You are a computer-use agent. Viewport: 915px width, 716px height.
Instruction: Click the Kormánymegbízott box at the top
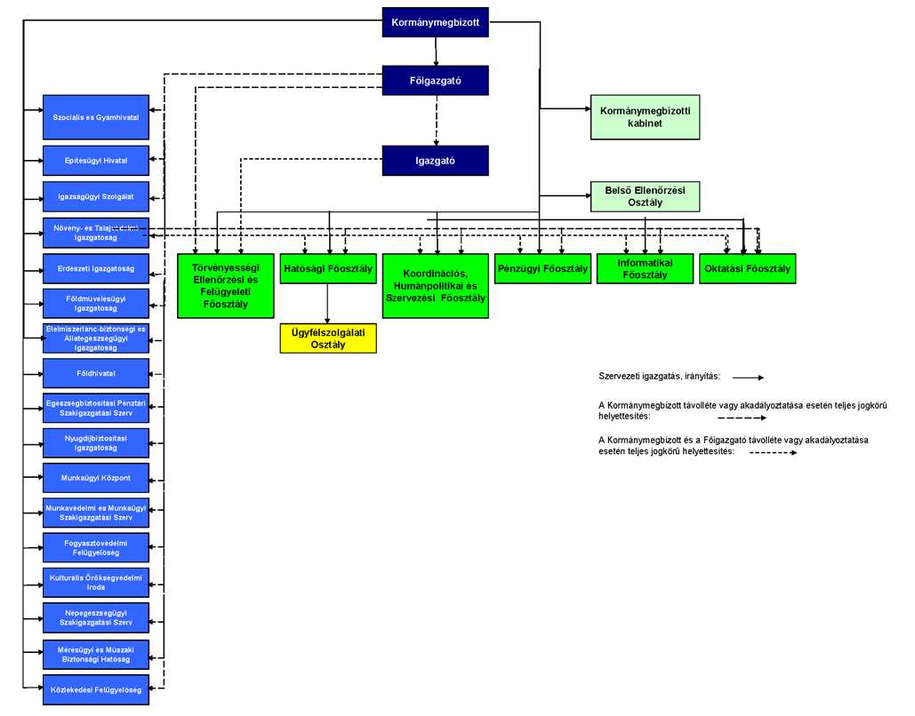pos(436,22)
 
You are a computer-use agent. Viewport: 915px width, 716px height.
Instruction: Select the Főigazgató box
pos(436,80)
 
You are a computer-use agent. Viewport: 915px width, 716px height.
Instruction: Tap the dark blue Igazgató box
pos(436,160)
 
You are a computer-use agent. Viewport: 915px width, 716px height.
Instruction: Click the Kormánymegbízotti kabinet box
pos(645,117)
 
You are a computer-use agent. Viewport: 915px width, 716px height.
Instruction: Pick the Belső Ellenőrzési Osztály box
pos(645,196)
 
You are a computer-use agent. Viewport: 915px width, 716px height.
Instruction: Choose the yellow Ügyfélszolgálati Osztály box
pos(328,338)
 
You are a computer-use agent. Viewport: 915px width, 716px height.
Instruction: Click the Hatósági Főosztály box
pos(328,269)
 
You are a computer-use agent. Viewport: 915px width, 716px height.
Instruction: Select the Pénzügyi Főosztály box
pos(542,269)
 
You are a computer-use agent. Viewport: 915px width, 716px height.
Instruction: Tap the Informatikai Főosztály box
pos(645,269)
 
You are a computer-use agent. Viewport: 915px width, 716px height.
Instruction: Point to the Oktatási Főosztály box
pos(748,269)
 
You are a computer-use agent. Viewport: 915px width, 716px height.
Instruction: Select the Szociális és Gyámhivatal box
pos(96,117)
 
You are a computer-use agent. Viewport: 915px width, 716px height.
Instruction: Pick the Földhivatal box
pos(96,374)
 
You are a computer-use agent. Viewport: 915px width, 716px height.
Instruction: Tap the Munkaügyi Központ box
pos(96,478)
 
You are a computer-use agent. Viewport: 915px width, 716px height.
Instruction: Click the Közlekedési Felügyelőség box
pos(96,689)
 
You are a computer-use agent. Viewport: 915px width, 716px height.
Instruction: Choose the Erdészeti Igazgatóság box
pos(96,269)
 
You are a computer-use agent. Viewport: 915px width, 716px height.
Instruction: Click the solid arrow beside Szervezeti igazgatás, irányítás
pos(748,378)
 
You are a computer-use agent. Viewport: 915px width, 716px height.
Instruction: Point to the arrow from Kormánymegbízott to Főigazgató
pos(436,52)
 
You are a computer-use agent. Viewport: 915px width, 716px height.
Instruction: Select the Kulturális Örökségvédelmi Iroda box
pos(96,583)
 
